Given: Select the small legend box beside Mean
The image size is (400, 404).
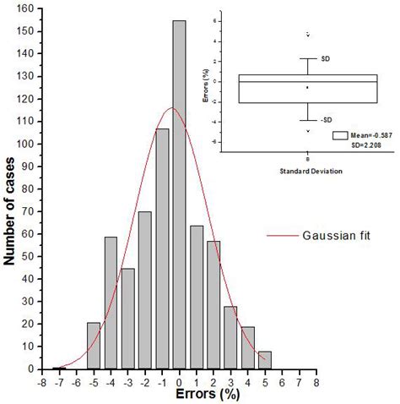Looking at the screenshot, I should [x=341, y=134].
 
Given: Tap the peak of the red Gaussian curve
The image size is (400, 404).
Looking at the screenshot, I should [x=172, y=107].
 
